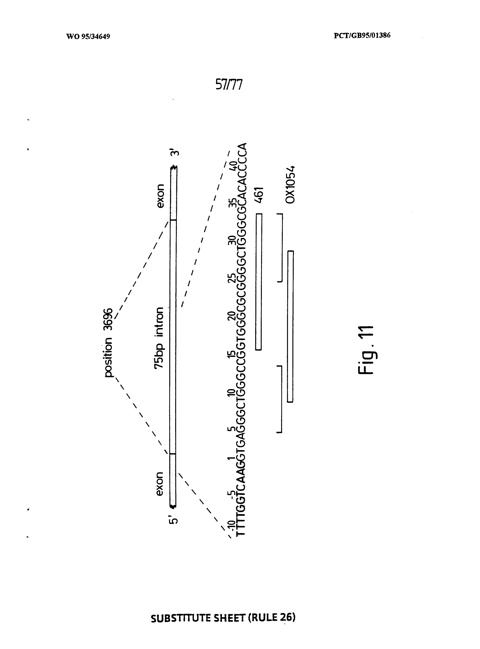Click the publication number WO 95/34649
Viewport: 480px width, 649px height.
click(88, 37)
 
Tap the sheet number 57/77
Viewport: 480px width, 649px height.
click(229, 85)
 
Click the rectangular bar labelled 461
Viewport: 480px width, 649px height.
click(259, 282)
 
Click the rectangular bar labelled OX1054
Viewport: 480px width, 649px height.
click(290, 326)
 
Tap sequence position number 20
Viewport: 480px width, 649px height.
click(232, 316)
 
